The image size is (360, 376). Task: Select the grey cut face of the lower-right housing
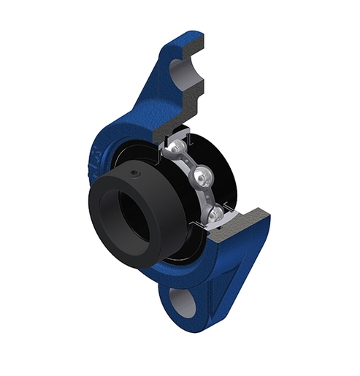[248, 223]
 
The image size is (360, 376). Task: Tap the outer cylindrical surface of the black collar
[146, 197]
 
